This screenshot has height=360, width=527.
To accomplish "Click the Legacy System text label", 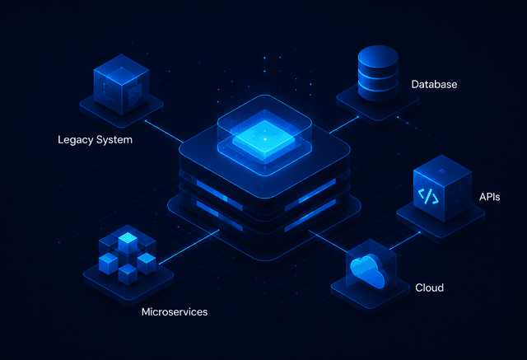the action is (x=96, y=140).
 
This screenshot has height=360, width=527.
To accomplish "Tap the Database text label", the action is (x=434, y=84).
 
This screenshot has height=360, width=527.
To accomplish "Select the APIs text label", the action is (x=490, y=197).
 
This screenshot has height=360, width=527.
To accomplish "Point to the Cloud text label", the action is (x=430, y=288).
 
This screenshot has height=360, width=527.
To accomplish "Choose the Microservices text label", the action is (x=175, y=312).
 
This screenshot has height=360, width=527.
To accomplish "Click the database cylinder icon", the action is (x=378, y=73).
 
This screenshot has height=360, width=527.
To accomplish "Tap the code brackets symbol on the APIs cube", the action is (x=428, y=196).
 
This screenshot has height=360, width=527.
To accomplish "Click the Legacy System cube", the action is (x=121, y=84).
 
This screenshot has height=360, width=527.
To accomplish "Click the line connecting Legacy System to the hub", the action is (x=165, y=132).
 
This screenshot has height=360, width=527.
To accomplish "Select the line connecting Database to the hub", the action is (x=344, y=125).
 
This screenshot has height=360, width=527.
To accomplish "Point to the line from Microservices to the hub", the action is (x=189, y=247).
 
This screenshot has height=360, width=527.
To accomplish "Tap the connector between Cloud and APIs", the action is (x=404, y=241).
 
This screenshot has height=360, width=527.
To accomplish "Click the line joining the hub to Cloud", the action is (x=328, y=241).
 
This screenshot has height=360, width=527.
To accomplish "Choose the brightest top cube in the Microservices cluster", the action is (x=128, y=242).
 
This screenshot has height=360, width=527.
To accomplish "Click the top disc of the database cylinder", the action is (x=378, y=55).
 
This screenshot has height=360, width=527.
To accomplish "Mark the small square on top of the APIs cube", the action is (x=442, y=171).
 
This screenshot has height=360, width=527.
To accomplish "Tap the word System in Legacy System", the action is (x=114, y=140).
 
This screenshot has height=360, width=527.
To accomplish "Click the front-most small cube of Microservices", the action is (x=128, y=274).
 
